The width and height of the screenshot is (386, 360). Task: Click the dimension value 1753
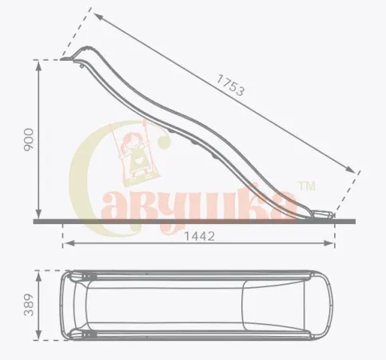coord(230,85)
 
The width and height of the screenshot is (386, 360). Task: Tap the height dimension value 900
coord(29,140)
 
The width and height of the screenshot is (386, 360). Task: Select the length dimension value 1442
coord(200,236)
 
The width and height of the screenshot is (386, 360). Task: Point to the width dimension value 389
coord(29,305)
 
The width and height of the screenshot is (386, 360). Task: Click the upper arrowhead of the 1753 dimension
coord(97,17)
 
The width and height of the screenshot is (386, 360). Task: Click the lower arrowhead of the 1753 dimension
coord(351,170)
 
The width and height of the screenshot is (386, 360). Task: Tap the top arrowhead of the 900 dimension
coord(39,66)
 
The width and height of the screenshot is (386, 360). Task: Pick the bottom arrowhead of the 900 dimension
coord(39,214)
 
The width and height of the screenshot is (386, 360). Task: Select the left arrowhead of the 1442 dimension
coord(68,243)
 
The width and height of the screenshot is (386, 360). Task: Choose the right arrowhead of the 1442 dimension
coord(328,243)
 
